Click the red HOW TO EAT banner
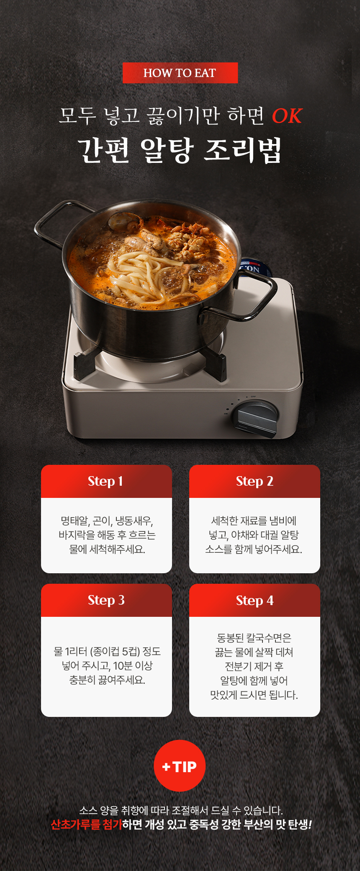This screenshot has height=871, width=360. (180, 73)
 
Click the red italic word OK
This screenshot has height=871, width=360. (287, 116)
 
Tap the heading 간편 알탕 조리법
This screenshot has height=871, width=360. (180, 150)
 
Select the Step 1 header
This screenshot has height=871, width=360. (106, 481)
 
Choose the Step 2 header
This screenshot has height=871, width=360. (255, 481)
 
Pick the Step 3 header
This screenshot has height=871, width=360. (106, 600)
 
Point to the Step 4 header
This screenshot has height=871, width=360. (255, 600)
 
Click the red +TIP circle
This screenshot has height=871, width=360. (180, 766)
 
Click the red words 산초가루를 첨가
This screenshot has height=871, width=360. (86, 825)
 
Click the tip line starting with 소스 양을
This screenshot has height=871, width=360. (181, 810)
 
